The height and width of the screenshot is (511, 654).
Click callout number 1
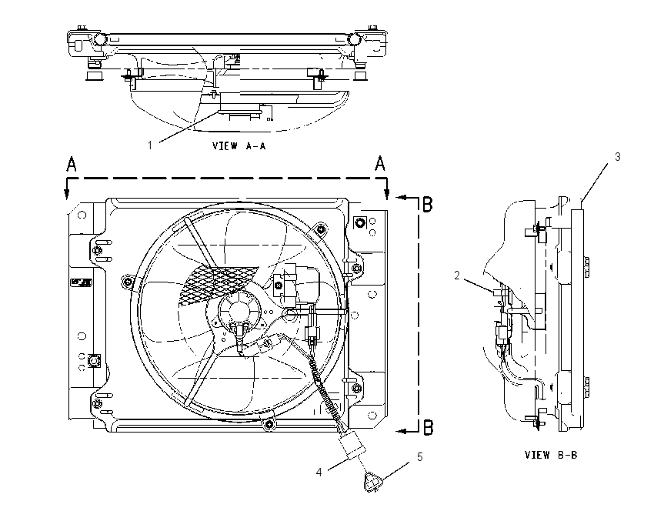click(x=150, y=145)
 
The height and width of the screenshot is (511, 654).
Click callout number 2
click(x=457, y=276)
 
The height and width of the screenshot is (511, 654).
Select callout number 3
click(x=618, y=157)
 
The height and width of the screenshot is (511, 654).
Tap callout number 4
click(x=319, y=473)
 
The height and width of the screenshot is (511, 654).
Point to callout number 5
click(x=420, y=457)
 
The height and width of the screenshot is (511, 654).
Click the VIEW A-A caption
click(x=239, y=145)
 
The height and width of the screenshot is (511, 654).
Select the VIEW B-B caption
click(x=551, y=455)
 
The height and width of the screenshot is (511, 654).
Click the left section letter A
click(x=72, y=164)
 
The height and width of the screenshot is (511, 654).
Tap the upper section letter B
click(x=428, y=205)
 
